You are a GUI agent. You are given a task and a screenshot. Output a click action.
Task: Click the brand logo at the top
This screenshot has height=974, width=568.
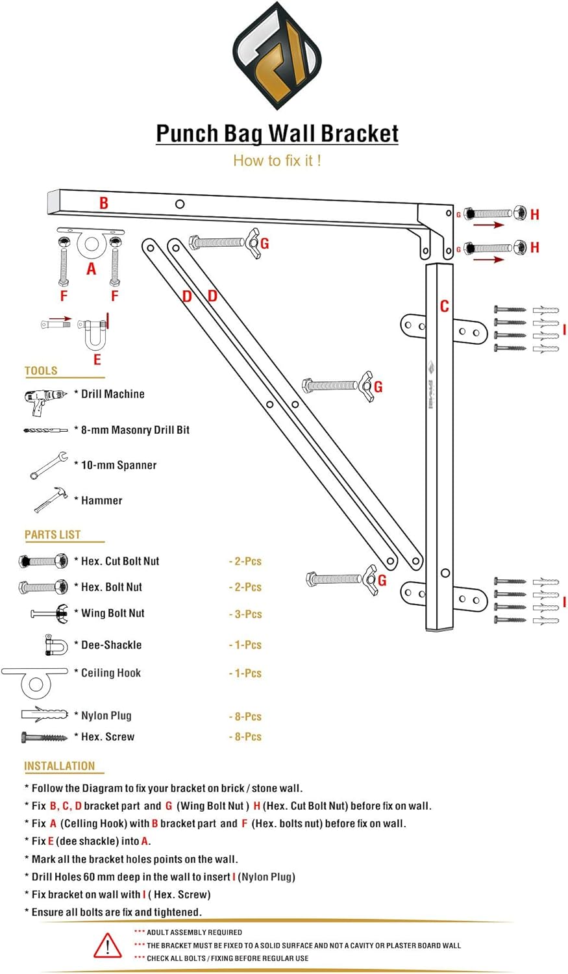pos(277,57)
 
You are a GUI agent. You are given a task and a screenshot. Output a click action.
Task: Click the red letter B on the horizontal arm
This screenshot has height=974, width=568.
pos(104,203)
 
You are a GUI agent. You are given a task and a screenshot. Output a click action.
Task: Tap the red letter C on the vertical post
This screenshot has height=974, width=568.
pos(444,306)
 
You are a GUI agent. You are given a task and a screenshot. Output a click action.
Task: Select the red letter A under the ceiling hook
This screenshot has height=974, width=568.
pos(91,269)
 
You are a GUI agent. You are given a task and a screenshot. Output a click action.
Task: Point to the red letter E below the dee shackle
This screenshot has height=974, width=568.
pos(97,359)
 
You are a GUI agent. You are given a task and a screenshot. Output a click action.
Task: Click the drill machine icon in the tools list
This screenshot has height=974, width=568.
pos(44,401)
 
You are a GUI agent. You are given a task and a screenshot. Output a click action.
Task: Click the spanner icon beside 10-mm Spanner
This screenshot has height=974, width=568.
pos(48,465)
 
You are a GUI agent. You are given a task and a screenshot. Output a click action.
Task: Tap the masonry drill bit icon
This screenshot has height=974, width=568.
pos(45,430)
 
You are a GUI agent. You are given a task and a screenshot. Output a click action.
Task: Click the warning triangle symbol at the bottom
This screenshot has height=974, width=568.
pos(107,945)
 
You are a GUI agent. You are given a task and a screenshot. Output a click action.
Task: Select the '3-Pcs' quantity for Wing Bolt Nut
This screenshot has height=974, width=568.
pos(245,614)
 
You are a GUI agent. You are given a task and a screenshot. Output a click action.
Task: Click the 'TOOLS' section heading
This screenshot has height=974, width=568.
pos(41,371)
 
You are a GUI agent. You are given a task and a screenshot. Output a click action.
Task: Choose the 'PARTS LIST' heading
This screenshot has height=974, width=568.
pos(53,534)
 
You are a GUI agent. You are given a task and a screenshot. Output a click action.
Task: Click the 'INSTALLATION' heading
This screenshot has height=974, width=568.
pos(59,766)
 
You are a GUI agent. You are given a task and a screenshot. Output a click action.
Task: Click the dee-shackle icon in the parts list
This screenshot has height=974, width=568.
pos(56,645)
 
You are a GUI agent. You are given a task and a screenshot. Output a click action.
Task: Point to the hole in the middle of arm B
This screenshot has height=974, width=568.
pos(180,204)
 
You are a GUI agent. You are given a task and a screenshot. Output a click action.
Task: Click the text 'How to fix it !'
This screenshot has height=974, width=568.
pos(277,160)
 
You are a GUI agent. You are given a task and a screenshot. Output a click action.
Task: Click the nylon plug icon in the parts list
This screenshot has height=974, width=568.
pos(44,714)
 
